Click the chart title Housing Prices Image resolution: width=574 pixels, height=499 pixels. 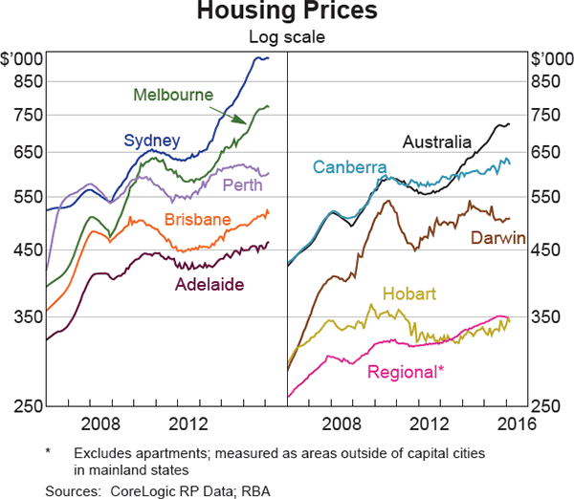click(287, 12)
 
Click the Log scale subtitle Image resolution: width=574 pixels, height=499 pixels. click(287, 38)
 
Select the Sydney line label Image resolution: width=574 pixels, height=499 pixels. click(152, 141)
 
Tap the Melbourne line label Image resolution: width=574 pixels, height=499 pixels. click(174, 95)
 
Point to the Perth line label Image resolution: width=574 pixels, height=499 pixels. click(243, 184)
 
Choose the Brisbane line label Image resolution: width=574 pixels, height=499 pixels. click(197, 220)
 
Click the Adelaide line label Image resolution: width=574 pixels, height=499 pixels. click(210, 284)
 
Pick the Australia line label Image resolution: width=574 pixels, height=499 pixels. click(437, 142)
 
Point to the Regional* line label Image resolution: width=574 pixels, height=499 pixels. click(406, 371)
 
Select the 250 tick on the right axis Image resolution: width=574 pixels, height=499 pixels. click(546, 406)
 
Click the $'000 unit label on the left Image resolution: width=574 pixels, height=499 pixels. click(24, 59)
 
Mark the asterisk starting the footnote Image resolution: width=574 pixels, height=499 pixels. click(47, 449)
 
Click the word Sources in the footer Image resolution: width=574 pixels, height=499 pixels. click(71, 489)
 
